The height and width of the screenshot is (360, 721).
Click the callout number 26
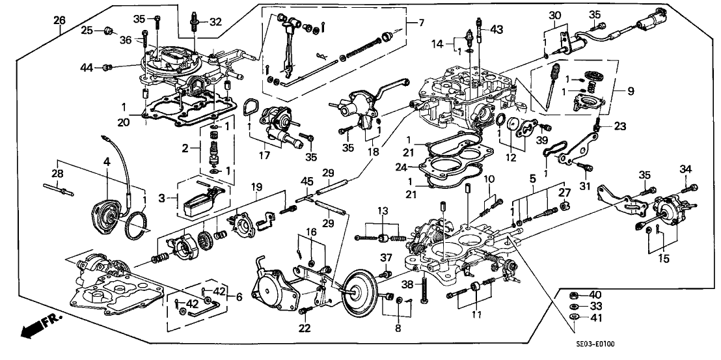coord(59,20)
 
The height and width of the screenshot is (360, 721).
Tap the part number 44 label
coord(87,67)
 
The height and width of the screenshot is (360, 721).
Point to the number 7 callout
coord(421,23)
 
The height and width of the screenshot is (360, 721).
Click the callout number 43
coord(497,29)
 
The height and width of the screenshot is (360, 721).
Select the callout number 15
coord(664,258)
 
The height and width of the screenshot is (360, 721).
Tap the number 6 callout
coord(239,297)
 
